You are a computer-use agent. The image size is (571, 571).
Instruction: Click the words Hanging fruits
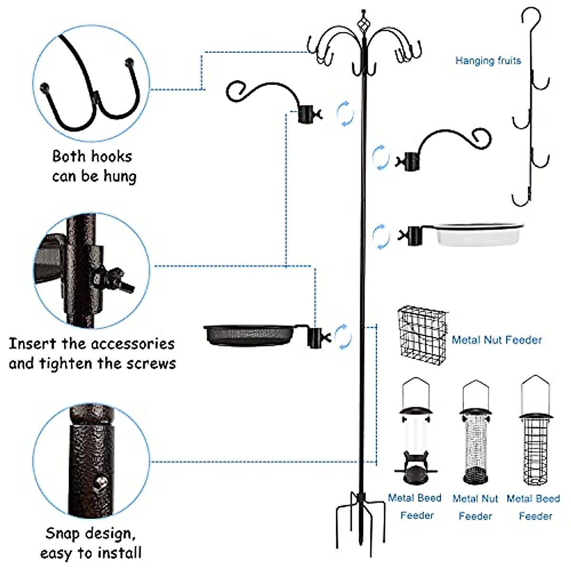488,61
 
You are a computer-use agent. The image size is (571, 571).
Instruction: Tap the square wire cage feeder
422,333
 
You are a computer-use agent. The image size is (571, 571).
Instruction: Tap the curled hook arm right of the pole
447,143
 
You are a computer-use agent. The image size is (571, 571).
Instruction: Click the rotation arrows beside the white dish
381,236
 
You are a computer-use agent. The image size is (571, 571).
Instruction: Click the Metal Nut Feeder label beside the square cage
497,340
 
